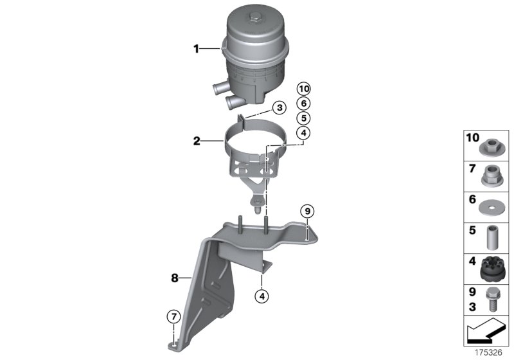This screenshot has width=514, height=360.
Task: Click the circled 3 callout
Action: [x=278, y=107]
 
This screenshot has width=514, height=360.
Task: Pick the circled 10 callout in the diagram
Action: [x=303, y=89]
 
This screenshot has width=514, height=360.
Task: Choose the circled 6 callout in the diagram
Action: [x=303, y=104]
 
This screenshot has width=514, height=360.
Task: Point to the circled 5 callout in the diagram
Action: [x=303, y=118]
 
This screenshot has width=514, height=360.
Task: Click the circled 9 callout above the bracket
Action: [x=307, y=211]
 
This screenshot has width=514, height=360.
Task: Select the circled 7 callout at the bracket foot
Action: [x=172, y=316]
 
